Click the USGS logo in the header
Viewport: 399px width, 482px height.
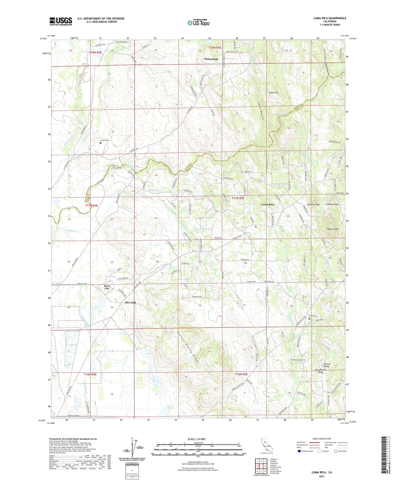pyautogui.click(x=61, y=21)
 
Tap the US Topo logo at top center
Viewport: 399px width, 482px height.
pyautogui.click(x=198, y=23)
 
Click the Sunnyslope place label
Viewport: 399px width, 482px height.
pyautogui.click(x=211, y=59)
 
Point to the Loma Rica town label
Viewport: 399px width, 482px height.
pyautogui.click(x=267, y=204)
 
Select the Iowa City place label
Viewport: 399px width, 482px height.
pyautogui.click(x=107, y=287)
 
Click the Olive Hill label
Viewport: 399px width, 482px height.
pyautogui.click(x=130, y=303)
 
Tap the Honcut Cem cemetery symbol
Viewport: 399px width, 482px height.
pyautogui.click(x=100, y=143)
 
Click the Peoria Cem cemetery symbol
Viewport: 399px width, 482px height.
pyautogui.click(x=309, y=318)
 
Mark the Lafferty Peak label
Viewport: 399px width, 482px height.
pyautogui.click(x=313, y=204)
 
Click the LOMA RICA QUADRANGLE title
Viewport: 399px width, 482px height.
pyautogui.click(x=330, y=18)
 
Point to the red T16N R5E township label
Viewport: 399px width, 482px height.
pyautogui.click(x=241, y=374)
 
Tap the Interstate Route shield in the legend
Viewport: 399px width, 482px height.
pyautogui.click(x=299, y=451)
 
